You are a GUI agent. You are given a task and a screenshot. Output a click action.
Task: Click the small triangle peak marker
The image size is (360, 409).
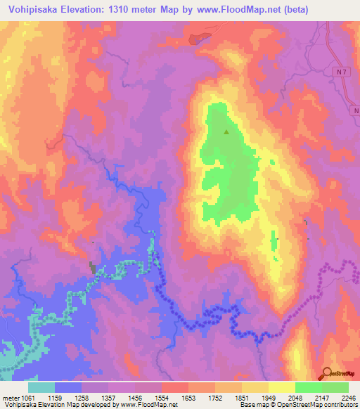tap(226, 131)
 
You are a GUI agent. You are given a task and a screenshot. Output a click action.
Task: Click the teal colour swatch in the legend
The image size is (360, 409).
tap(41, 387)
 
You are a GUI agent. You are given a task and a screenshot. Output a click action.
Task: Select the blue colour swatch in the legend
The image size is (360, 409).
tap(68, 387)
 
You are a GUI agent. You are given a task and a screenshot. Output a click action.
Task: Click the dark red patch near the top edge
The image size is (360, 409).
tap(199, 38)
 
